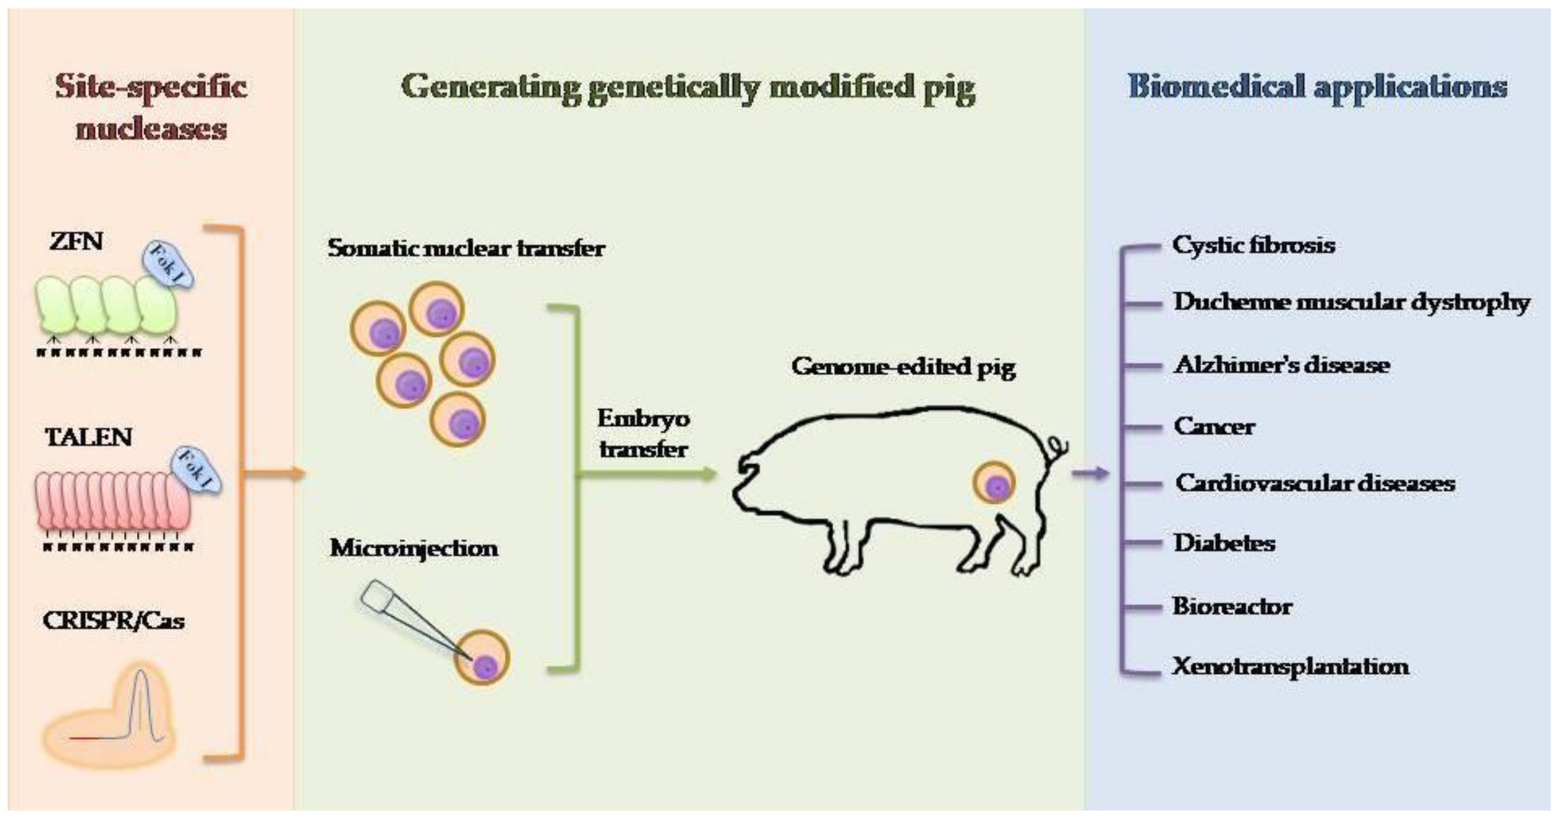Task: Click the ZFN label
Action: [76, 242]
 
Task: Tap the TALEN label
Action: [88, 437]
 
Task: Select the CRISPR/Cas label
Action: [113, 621]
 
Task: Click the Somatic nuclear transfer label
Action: [466, 248]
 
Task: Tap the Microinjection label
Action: [414, 548]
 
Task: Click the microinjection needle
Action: [411, 617]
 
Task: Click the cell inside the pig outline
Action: [994, 483]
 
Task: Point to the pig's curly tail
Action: [1057, 451]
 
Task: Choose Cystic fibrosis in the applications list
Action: [1253, 245]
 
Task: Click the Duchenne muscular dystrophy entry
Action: [1351, 302]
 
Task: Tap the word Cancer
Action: [1214, 426]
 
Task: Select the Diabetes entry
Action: [1224, 543]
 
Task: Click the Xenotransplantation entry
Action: [1290, 666]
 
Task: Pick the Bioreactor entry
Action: [1232, 605]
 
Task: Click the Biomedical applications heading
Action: [1317, 87]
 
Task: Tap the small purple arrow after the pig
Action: [1091, 473]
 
